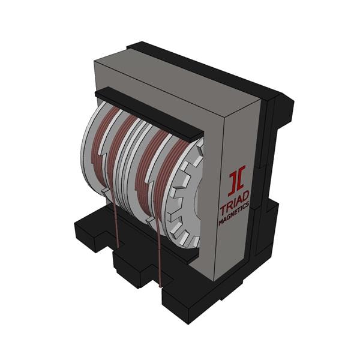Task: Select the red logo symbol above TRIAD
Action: (x=236, y=181)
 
